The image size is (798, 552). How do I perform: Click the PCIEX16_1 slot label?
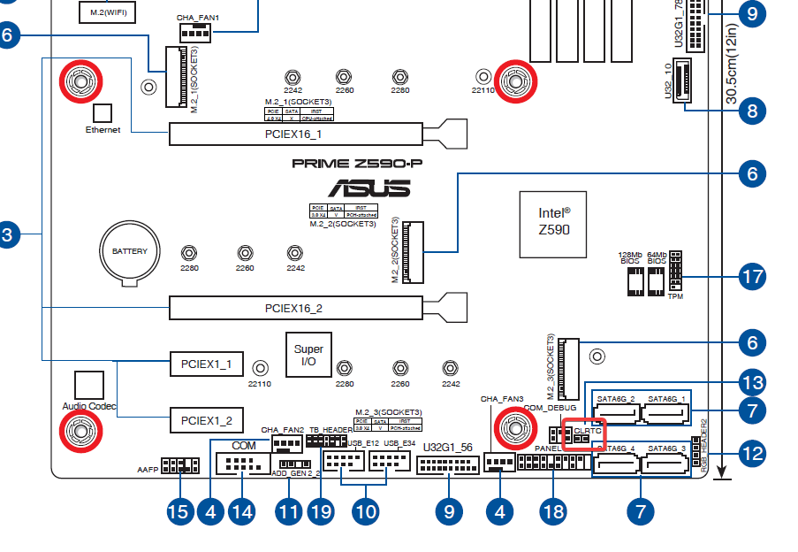(294, 134)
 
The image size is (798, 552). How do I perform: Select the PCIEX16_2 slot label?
(294, 308)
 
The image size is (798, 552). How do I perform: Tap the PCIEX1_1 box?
(206, 364)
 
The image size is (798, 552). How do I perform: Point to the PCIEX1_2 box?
(206, 419)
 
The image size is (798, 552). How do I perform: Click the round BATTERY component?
(130, 252)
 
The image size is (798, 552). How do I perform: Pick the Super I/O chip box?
(309, 356)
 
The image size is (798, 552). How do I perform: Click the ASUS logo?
(369, 188)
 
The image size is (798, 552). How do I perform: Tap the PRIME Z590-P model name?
(351, 163)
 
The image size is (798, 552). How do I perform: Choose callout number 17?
(752, 277)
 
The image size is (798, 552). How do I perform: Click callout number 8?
(752, 111)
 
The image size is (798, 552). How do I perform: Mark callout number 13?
(752, 383)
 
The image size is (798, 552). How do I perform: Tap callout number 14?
(240, 511)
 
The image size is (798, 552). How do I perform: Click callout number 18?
(554, 511)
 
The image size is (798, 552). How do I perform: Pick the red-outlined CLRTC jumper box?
(583, 434)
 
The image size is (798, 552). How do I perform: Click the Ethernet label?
(103, 130)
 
